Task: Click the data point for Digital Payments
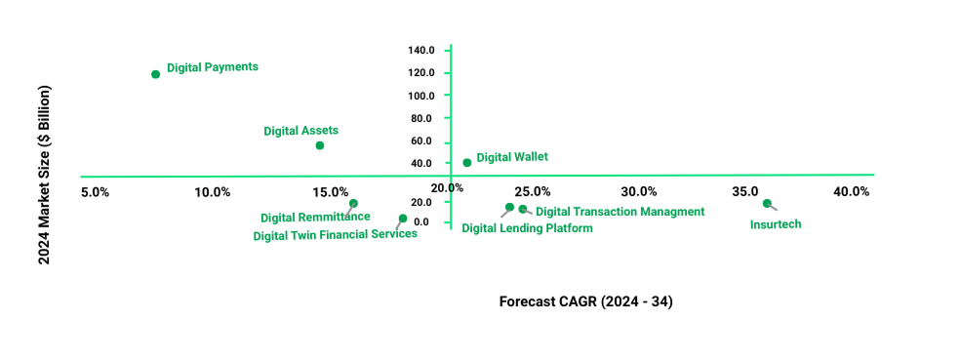[x=155, y=74]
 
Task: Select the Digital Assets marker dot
[x=319, y=145]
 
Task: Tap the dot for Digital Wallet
[x=466, y=163]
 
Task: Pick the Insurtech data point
[x=767, y=204]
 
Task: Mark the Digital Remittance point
[x=353, y=204]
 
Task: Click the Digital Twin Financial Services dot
[x=403, y=219]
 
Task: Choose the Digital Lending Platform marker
[x=509, y=207]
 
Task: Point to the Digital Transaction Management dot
[x=523, y=209]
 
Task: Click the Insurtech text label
[x=776, y=224]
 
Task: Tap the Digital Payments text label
[x=213, y=67]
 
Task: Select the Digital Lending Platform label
[x=527, y=228]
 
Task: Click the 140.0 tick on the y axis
[x=421, y=51]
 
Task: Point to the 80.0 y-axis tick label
[x=421, y=118]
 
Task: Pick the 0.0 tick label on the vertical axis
[x=425, y=222]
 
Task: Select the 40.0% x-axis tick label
[x=851, y=191]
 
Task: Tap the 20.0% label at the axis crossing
[x=447, y=187]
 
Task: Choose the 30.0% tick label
[x=639, y=191]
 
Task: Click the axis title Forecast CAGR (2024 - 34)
[x=585, y=301]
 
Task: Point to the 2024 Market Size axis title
[x=44, y=175]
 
